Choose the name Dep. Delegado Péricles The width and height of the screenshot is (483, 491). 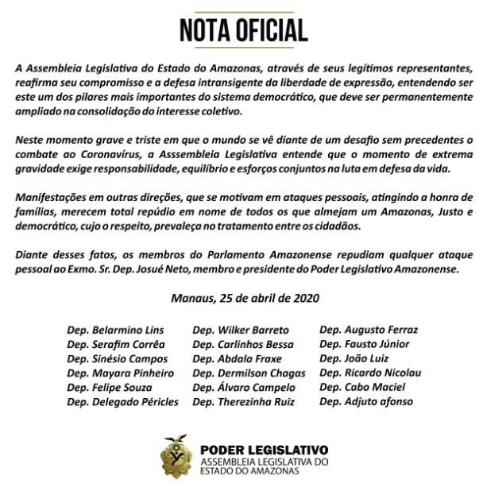pyautogui.click(x=123, y=401)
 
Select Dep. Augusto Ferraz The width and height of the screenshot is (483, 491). pyautogui.click(x=369, y=329)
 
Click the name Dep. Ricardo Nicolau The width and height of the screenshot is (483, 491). pyautogui.click(x=370, y=373)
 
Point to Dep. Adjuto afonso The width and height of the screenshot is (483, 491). pyautogui.click(x=366, y=402)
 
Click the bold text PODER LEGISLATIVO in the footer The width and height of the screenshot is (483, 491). pyautogui.click(x=262, y=448)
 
